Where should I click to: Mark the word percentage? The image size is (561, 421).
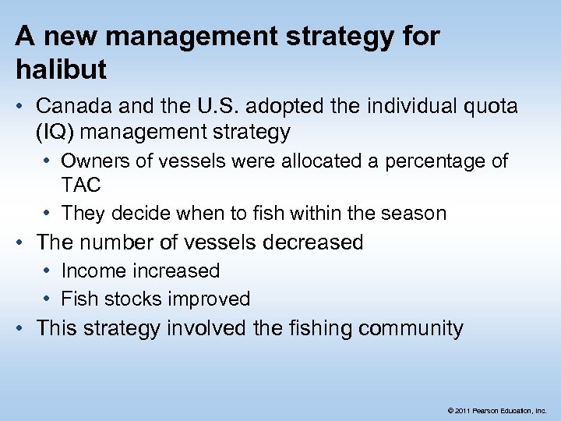pyautogui.click(x=419, y=161)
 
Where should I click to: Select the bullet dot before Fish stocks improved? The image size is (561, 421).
pyautogui.click(x=48, y=299)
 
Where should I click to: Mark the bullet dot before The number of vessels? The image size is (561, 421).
pyautogui.click(x=21, y=242)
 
